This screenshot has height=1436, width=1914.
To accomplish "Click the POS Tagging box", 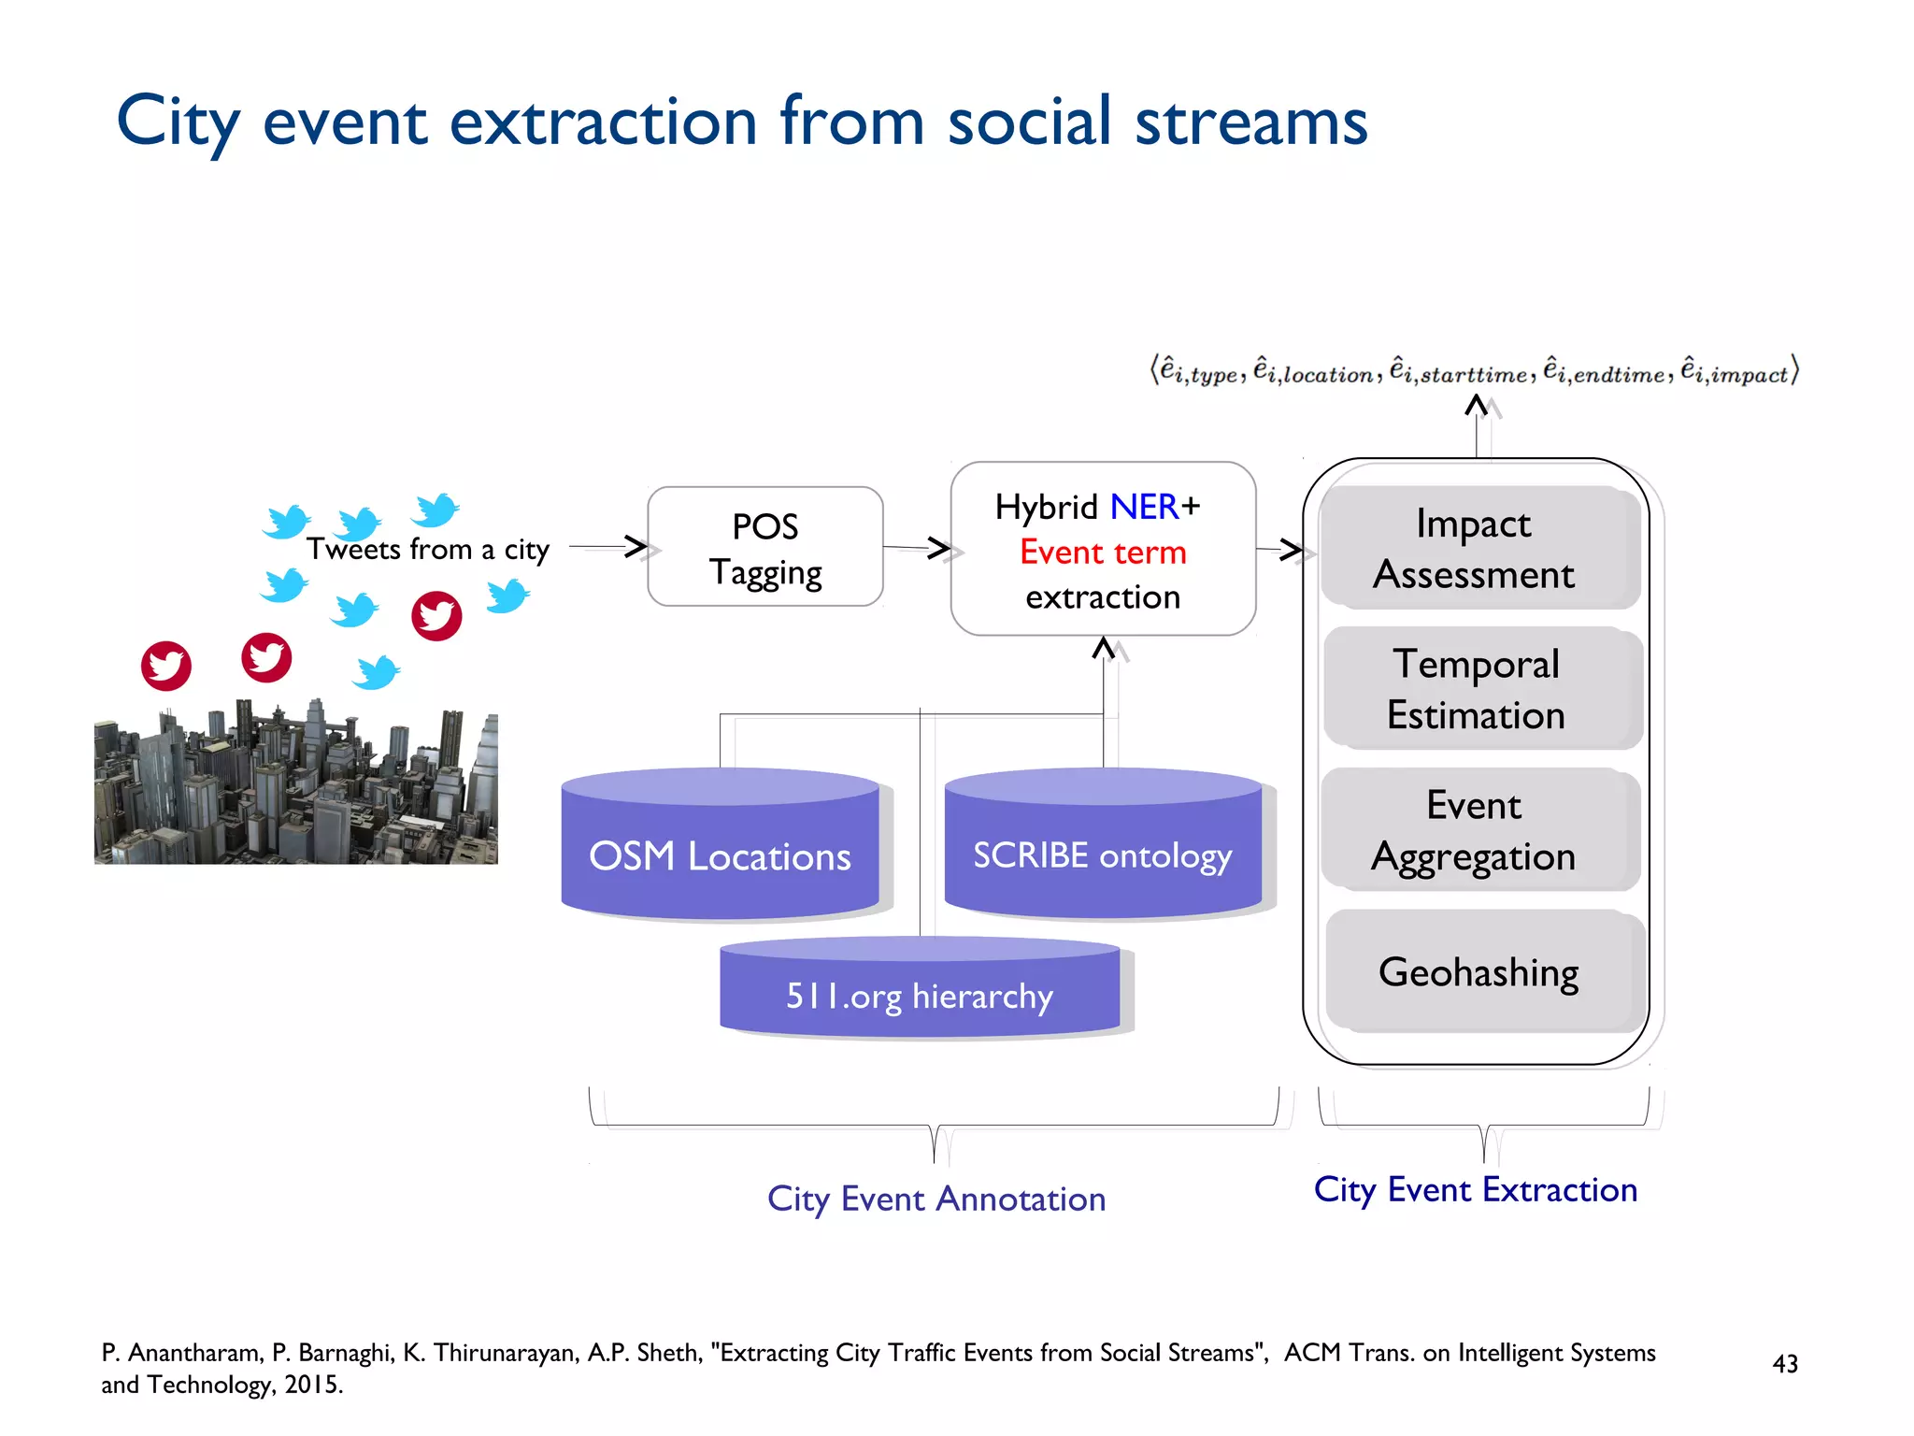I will click(764, 547).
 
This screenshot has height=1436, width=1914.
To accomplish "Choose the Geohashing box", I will click(1479, 972).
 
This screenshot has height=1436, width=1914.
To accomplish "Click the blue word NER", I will click(1144, 507).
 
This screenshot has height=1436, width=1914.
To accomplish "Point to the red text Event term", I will click(1103, 552).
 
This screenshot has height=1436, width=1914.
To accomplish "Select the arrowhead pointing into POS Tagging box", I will click(636, 547).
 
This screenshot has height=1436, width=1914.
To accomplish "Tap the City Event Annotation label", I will click(936, 1199).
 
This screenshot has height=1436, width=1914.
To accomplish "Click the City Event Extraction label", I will click(1475, 1189).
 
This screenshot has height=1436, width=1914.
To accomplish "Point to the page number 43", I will click(1784, 1364).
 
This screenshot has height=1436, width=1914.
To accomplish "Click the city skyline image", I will click(295, 785).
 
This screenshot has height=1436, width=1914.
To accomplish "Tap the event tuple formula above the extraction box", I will click(1475, 371).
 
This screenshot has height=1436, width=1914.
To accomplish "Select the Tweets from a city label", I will click(428, 549).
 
